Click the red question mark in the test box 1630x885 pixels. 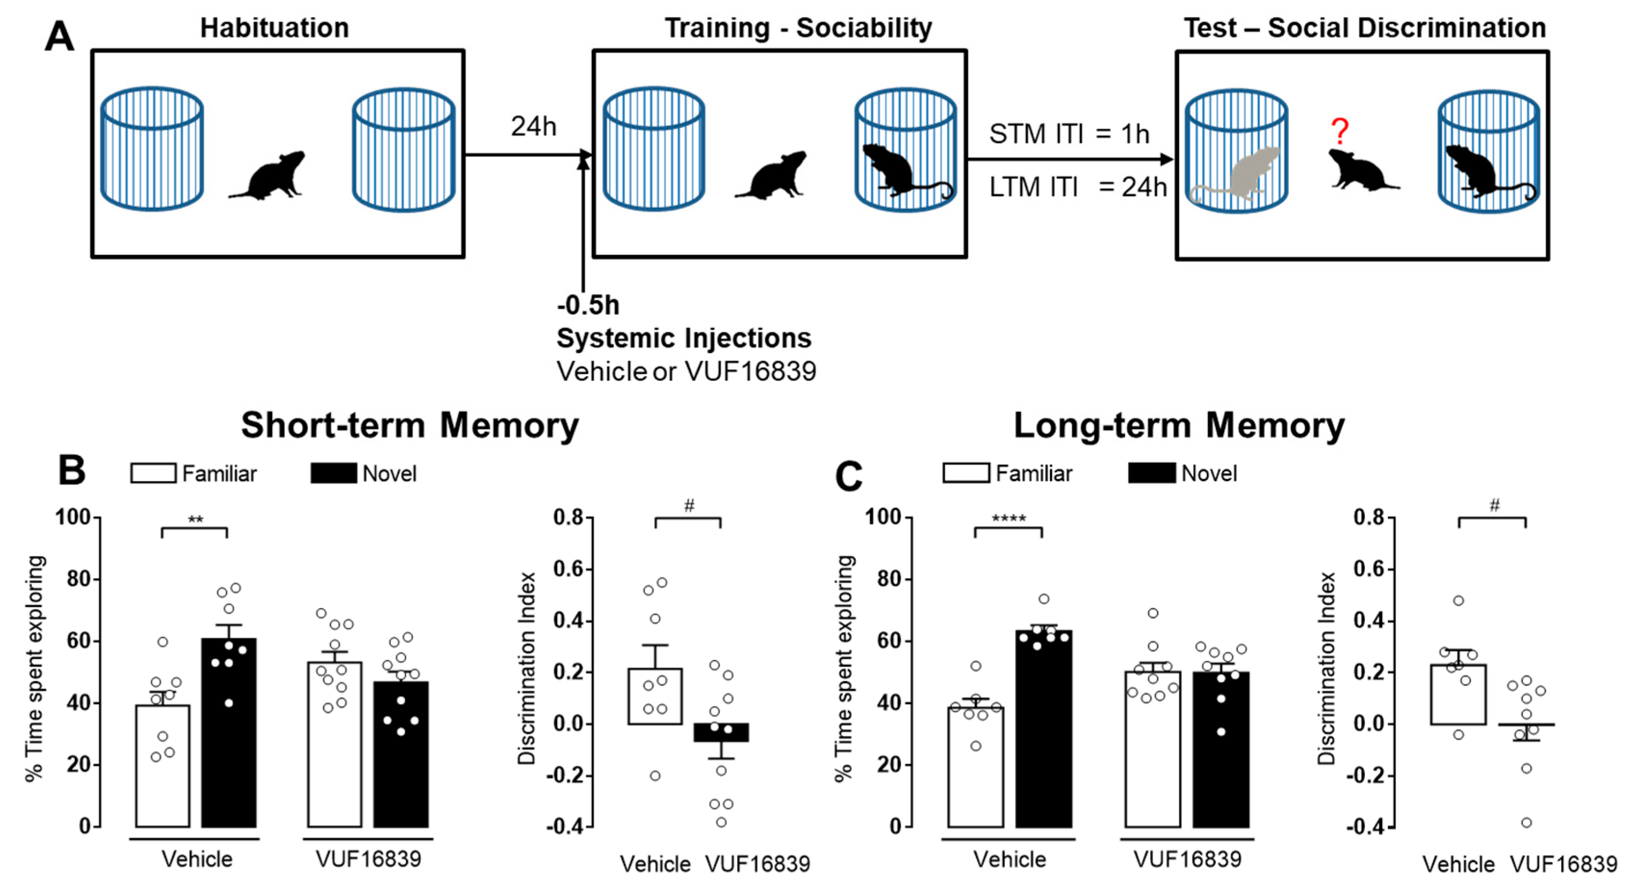(x=1339, y=132)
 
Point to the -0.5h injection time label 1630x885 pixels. (x=588, y=305)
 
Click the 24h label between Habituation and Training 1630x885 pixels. (x=533, y=126)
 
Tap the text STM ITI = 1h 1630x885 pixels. (x=1069, y=134)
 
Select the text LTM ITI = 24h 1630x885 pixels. (x=1078, y=187)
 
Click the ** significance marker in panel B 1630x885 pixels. (x=195, y=520)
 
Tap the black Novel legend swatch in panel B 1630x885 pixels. (x=334, y=473)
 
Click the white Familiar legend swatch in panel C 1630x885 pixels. (x=965, y=473)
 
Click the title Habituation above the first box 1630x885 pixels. (x=275, y=28)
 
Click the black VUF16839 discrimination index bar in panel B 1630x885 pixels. (x=721, y=733)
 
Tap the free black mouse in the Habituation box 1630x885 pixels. (x=269, y=176)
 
